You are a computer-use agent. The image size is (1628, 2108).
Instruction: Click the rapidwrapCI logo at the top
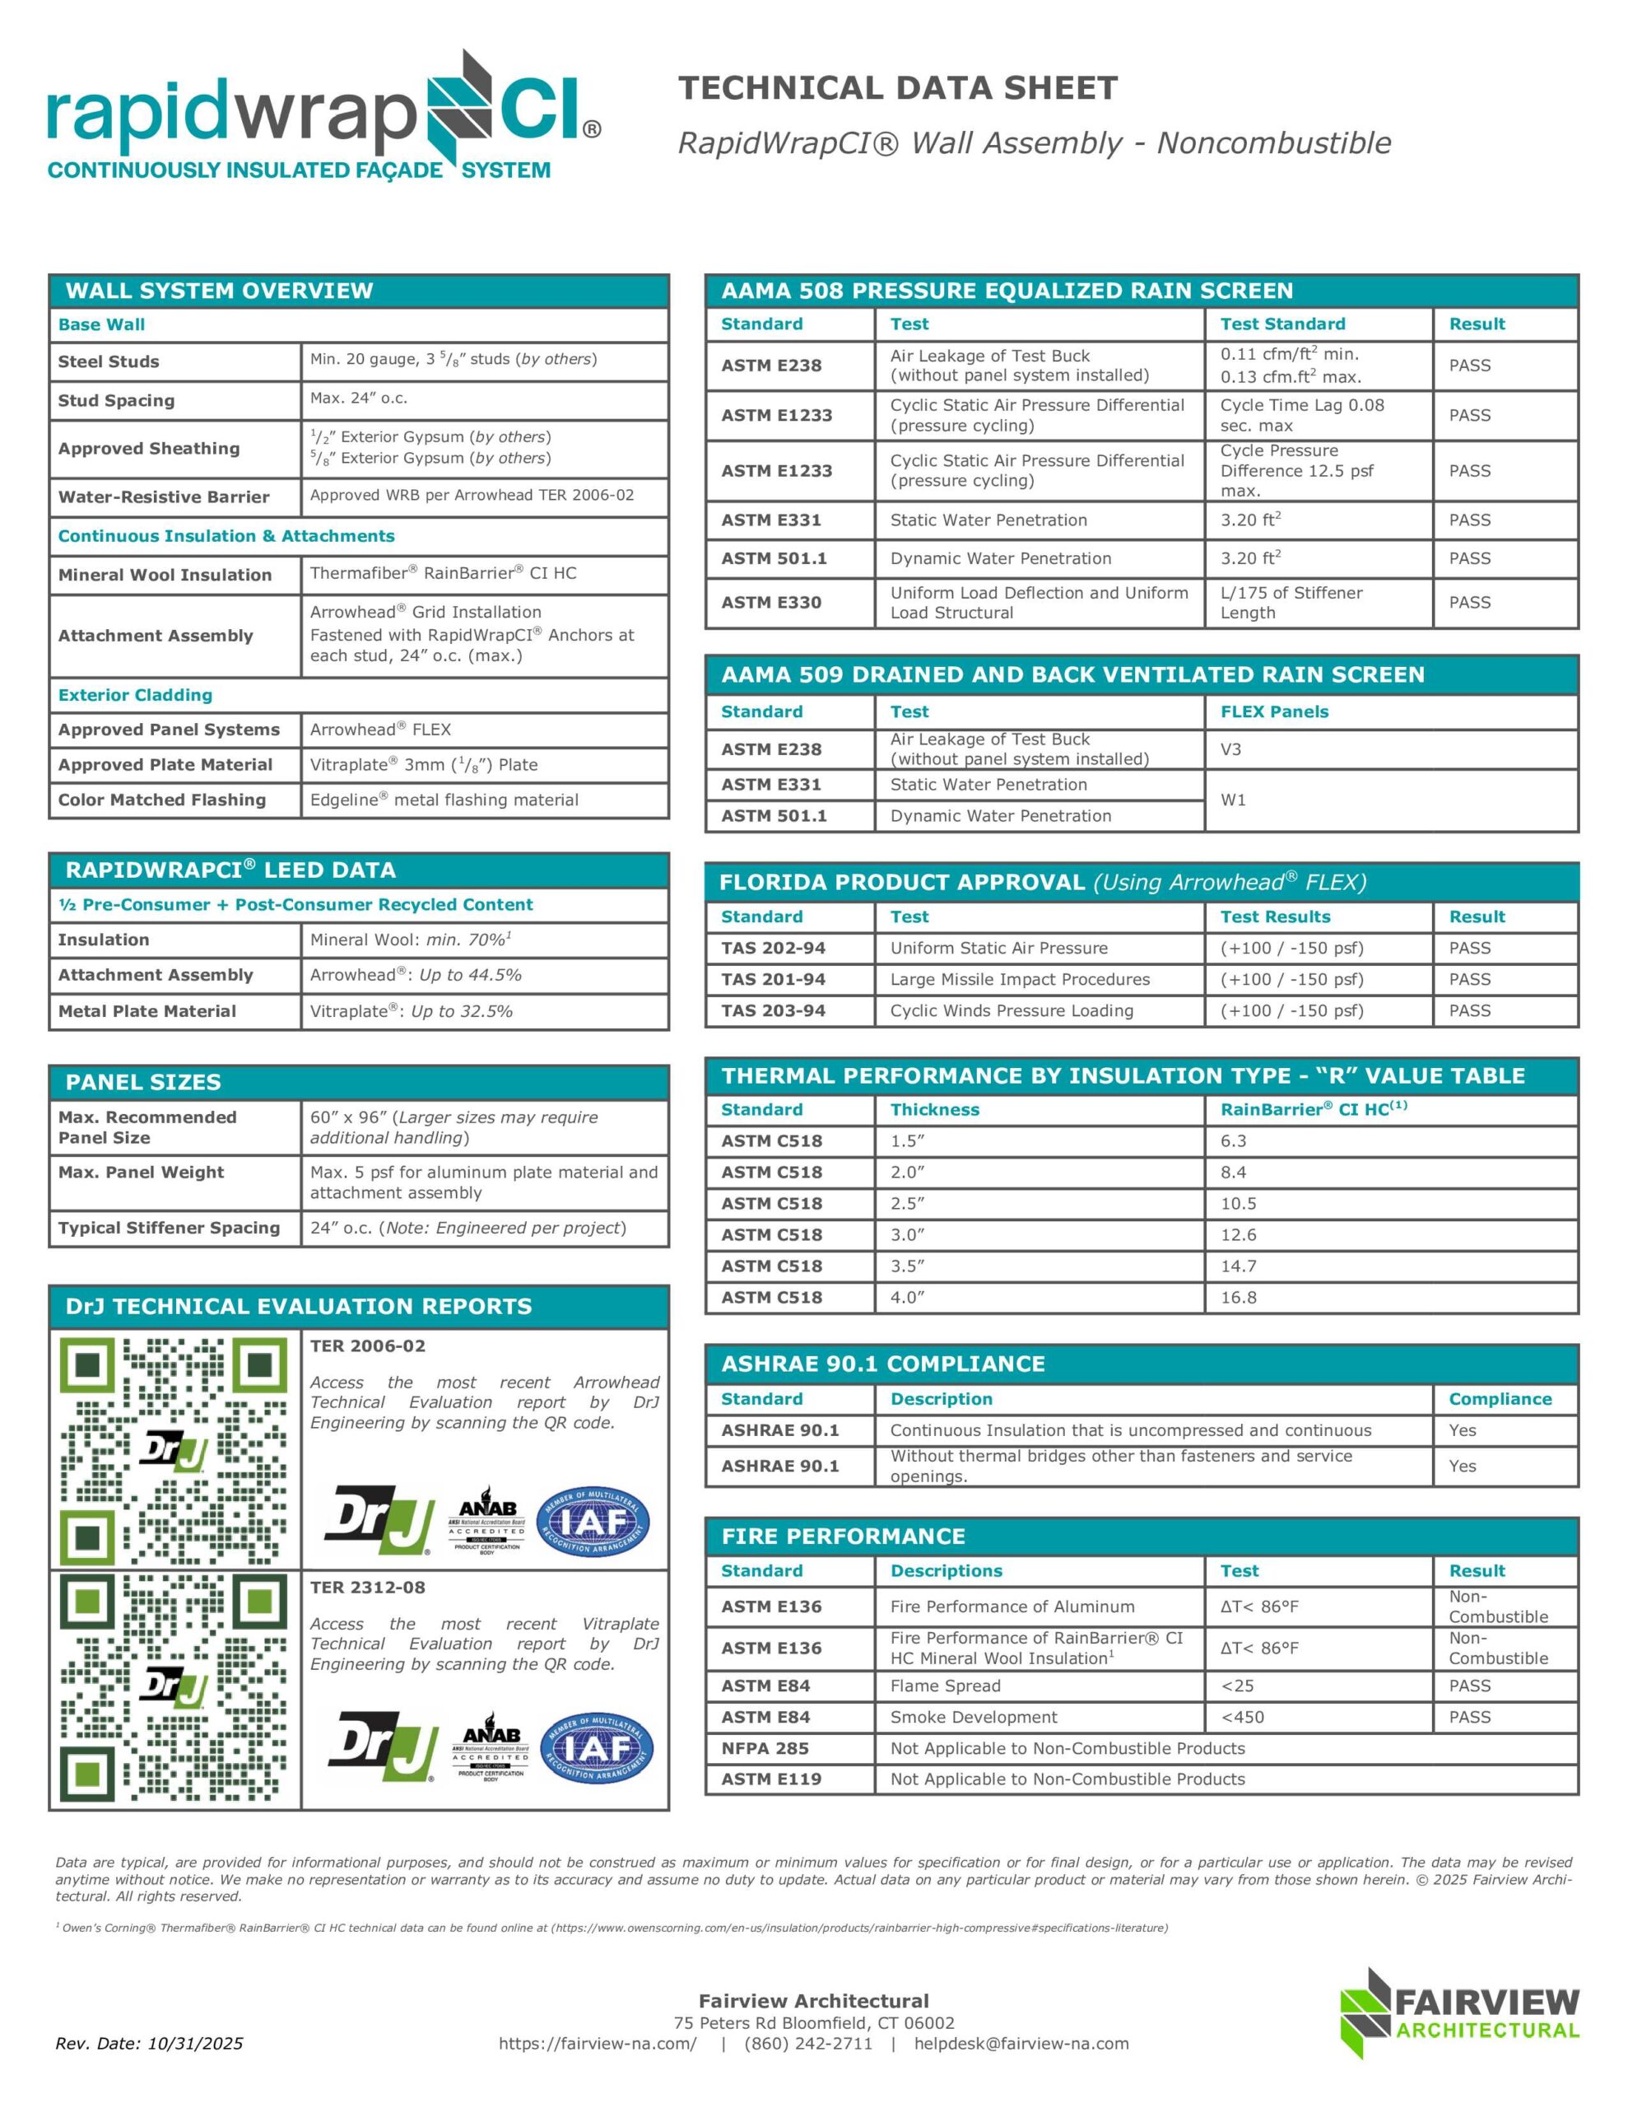coord(323,116)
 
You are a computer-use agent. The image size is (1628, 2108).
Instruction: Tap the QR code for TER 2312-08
coord(174,1688)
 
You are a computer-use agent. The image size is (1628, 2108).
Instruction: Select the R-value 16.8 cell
coord(1238,1297)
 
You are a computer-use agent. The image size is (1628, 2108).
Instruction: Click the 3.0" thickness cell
coord(907,1234)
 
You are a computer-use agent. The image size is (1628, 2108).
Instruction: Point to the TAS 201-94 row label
coord(773,979)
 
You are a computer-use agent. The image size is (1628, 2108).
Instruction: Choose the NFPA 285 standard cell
coord(765,1748)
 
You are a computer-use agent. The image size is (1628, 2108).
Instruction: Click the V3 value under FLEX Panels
coord(1230,749)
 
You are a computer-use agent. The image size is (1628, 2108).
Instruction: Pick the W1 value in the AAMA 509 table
coord(1232,800)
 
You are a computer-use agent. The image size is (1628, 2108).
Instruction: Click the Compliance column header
coord(1500,1398)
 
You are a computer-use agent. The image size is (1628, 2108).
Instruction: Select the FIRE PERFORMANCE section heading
coord(843,1536)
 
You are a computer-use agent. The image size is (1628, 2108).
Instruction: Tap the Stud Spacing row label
coord(116,400)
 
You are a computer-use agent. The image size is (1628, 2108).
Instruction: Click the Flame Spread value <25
coord(1238,1686)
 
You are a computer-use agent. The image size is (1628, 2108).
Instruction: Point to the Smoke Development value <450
coord(1242,1717)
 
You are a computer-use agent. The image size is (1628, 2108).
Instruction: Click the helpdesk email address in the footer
coord(1021,2043)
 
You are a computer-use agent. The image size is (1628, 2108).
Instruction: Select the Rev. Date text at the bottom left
coord(149,2043)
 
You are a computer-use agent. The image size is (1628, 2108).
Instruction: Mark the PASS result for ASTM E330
coord(1469,602)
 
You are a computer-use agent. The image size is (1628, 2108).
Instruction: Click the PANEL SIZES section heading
coord(143,1082)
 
